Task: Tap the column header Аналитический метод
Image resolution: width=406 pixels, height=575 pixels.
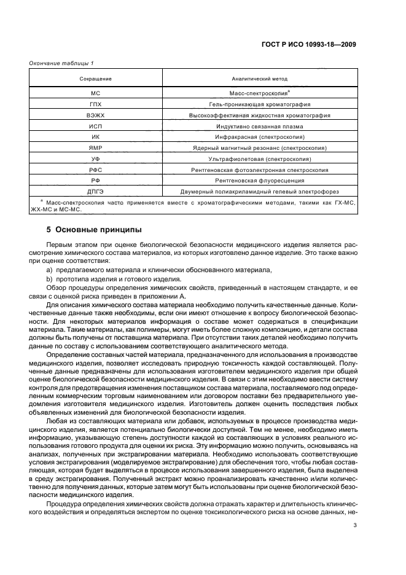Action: click(x=259, y=79)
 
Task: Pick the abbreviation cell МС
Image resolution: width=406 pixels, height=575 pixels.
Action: click(x=95, y=93)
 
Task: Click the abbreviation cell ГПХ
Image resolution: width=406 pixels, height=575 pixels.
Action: click(x=95, y=104)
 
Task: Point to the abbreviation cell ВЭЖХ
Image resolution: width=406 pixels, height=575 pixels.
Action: click(x=95, y=115)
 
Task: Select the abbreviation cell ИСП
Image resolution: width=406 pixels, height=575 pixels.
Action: click(x=95, y=126)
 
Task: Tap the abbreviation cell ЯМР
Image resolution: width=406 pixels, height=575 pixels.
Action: click(x=95, y=148)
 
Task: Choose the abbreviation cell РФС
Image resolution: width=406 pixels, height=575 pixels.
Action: click(x=95, y=170)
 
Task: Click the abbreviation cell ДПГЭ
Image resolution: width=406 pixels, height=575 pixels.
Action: click(x=95, y=191)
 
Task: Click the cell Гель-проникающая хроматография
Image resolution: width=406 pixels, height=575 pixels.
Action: click(x=259, y=104)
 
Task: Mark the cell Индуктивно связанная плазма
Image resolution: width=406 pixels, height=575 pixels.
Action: click(x=259, y=126)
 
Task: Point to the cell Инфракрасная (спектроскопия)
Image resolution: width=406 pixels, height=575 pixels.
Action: click(x=259, y=137)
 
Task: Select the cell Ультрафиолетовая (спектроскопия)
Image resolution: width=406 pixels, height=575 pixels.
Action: click(x=259, y=158)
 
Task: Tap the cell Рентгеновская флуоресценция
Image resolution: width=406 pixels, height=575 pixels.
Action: click(x=259, y=181)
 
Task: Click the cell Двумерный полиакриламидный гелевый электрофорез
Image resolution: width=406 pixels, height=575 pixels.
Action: click(x=259, y=191)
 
